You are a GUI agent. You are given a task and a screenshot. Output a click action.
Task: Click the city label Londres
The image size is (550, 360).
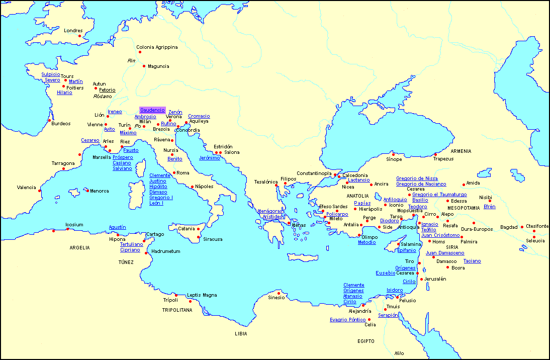coord(73,31)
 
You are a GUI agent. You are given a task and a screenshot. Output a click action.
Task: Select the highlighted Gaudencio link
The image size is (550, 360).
coord(152,110)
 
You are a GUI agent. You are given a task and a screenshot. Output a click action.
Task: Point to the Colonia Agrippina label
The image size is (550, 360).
coord(157,47)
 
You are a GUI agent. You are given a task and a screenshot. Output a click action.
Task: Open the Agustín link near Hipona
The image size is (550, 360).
coord(117,227)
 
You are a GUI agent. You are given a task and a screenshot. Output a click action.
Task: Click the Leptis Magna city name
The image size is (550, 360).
coord(202,295)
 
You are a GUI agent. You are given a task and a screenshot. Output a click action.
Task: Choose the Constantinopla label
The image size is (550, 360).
coord(314,173)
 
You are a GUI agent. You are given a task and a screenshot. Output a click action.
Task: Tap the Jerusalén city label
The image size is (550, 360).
coord(435,279)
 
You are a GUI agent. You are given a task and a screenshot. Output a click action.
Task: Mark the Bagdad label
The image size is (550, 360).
coord(509,227)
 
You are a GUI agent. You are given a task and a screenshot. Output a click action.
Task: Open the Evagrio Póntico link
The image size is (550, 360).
coord(347,319)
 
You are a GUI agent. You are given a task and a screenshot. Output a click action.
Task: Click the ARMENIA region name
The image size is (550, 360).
coord(461,151)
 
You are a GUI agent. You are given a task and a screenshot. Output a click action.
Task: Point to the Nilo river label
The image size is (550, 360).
coord(399,353)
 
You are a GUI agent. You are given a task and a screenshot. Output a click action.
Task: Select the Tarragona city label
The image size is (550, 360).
coord(63,163)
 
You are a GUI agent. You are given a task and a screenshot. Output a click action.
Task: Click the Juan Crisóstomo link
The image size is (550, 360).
coord(440,235)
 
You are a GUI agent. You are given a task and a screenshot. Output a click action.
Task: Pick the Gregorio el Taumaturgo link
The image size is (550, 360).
coord(439,195)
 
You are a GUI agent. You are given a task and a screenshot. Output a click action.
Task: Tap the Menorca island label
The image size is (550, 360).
coord(99,191)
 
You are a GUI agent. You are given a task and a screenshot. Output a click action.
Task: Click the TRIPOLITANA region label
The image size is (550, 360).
coord(177,310)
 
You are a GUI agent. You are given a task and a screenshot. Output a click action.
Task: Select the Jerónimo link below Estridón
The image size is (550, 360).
coord(209,158)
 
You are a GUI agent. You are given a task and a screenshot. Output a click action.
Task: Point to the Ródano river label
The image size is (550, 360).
coord(103,96)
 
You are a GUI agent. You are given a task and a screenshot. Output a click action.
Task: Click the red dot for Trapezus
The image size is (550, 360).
coord(435,154)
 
